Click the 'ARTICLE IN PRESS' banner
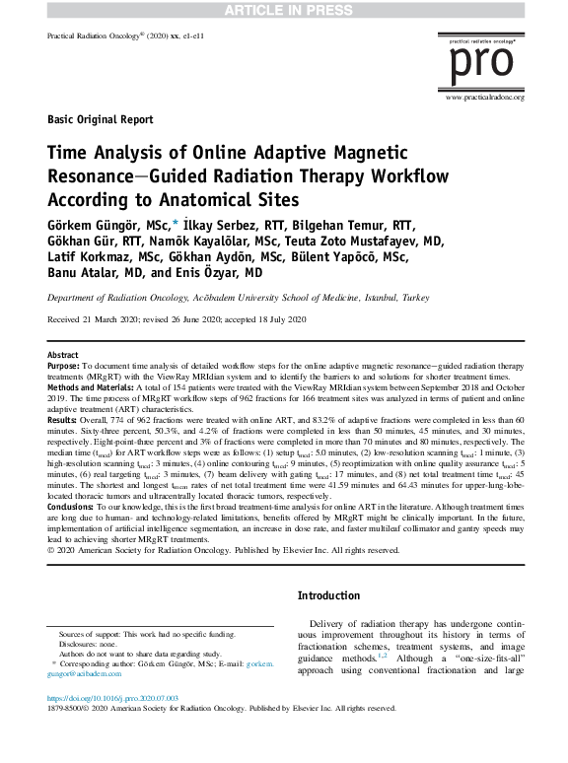pos(284,10)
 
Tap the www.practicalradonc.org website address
pos(485,97)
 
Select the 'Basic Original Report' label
pos(100,120)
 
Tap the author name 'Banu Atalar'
pos(82,273)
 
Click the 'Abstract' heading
pos(63,354)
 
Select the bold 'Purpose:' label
pos(66,365)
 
